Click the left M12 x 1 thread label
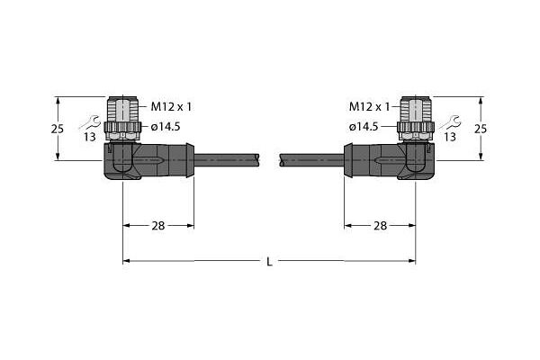coord(171,107)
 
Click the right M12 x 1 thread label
coord(369,107)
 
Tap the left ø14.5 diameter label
coord(166,127)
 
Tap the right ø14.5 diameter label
coord(364,127)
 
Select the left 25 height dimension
coord(58,129)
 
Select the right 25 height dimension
coord(481,129)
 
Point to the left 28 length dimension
coord(158,226)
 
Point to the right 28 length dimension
coord(380,226)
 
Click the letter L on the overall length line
coord(270,262)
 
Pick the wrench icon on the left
coord(90,122)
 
